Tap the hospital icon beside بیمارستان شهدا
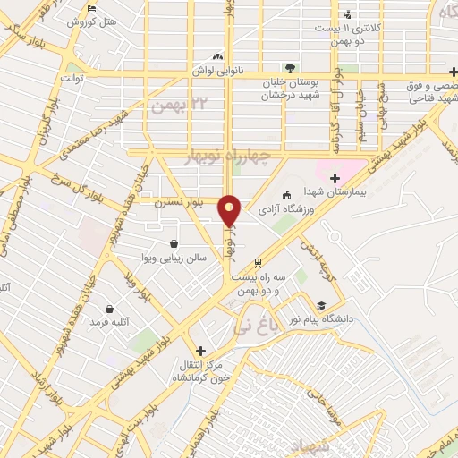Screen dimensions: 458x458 point(335,178)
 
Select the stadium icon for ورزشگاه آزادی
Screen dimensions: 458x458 point(286,196)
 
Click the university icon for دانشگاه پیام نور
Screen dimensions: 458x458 point(322,305)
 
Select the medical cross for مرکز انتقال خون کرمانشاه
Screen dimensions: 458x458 point(200,351)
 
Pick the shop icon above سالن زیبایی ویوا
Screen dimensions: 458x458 point(173,243)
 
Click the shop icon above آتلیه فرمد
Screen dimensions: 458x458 point(109,309)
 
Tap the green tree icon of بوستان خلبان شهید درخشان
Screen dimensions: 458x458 point(289,67)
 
